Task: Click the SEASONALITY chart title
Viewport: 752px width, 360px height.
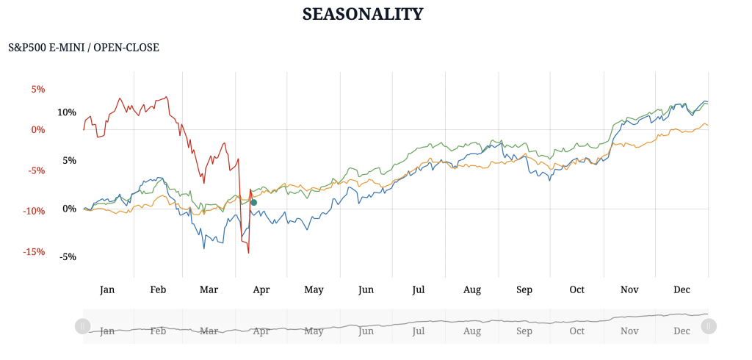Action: click(363, 14)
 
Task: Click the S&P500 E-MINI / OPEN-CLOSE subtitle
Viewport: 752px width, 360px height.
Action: click(84, 48)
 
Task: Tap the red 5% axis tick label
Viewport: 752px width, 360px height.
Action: click(37, 90)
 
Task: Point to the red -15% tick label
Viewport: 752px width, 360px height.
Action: click(34, 252)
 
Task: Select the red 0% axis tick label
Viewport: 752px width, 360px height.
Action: click(37, 130)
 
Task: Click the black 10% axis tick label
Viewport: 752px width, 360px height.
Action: click(67, 112)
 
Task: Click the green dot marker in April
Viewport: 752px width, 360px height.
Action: click(254, 202)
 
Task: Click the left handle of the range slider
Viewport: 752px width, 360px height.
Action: click(82, 325)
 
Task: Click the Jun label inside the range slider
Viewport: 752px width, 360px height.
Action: click(366, 331)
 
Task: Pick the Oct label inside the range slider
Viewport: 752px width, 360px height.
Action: click(577, 331)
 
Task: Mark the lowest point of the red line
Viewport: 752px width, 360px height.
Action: click(248, 253)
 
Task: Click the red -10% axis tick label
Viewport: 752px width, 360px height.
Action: click(34, 212)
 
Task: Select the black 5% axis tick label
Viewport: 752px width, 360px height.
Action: click(69, 161)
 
